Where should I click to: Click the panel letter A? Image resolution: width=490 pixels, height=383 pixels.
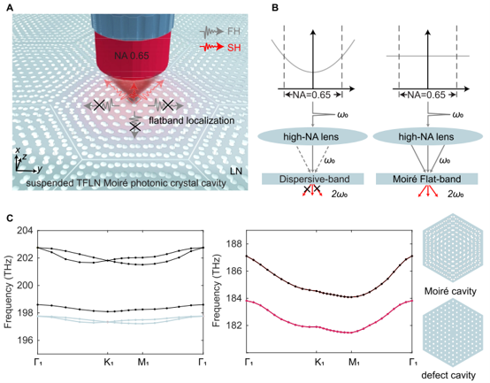[10, 8]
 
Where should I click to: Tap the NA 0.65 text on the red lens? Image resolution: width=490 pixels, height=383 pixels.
[131, 56]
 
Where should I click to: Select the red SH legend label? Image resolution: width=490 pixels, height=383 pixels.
[234, 48]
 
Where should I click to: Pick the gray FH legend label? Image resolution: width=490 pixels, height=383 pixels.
[234, 31]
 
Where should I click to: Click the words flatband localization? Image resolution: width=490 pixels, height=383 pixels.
[192, 120]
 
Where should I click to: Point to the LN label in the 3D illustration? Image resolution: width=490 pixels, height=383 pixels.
[236, 171]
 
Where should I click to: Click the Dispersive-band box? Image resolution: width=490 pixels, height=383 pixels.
[312, 179]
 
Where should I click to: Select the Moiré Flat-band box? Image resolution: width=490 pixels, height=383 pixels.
[426, 179]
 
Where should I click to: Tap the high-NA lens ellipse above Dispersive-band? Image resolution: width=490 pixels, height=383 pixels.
[312, 137]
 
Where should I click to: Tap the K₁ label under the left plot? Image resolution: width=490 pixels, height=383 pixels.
[109, 362]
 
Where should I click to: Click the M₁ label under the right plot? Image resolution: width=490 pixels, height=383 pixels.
[354, 362]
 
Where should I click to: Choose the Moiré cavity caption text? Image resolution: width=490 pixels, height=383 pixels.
[450, 291]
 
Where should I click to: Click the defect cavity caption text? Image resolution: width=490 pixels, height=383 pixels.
[448, 375]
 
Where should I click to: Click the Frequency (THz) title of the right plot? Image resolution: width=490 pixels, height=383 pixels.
[216, 290]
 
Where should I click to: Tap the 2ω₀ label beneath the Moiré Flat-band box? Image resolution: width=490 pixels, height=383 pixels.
[456, 194]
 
